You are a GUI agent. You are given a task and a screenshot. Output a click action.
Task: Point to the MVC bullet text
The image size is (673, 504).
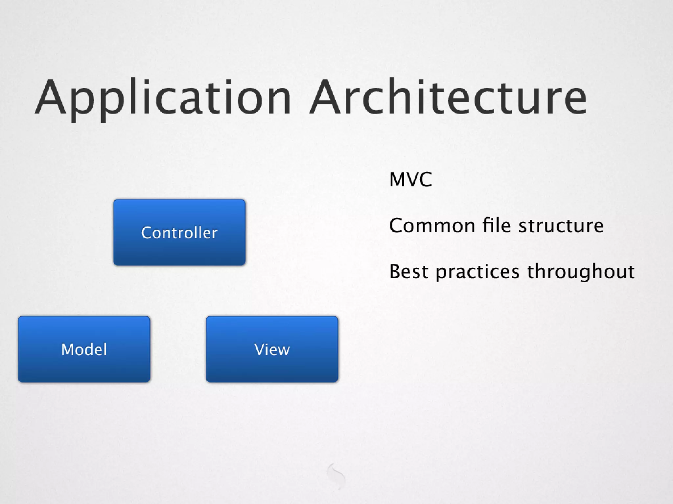(410, 179)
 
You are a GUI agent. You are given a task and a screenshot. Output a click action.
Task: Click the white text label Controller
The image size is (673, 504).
(179, 233)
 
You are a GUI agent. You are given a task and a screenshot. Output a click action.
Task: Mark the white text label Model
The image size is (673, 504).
(84, 349)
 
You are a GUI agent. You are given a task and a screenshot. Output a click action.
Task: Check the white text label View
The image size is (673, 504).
(272, 349)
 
